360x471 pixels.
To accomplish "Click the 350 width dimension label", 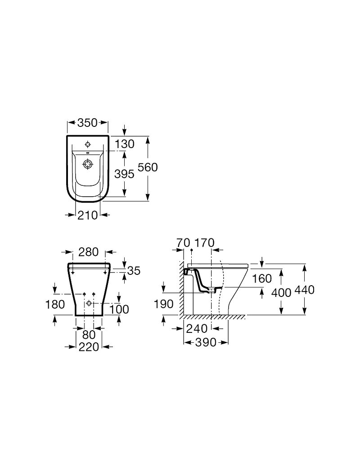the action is (87, 122).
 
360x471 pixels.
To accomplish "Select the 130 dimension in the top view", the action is (124, 144).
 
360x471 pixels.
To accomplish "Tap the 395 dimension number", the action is (124, 174).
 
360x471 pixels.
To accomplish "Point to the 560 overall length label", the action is (148, 167).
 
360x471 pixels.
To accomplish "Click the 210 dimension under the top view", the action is (87, 215).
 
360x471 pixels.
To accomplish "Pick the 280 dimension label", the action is (88, 252).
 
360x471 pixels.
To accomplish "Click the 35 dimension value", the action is (134, 271).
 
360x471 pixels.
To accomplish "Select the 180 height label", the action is (55, 304).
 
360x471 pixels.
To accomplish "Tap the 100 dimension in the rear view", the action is (119, 309).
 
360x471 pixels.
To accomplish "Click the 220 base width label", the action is (89, 347).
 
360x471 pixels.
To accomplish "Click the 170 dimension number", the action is (204, 243).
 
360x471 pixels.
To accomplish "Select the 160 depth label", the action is (262, 279).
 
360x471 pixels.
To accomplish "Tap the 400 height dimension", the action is (281, 292).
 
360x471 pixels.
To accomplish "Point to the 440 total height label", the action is (304, 290).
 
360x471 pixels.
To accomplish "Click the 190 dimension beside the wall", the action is (164, 304).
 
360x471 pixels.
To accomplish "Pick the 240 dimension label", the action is (197, 328).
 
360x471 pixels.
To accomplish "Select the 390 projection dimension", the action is (206, 342).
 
